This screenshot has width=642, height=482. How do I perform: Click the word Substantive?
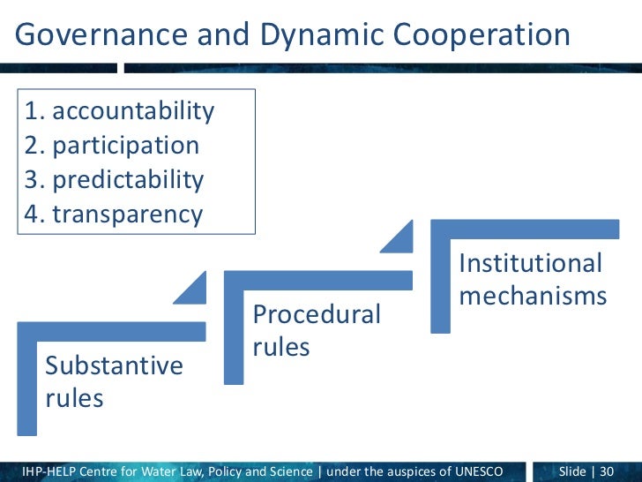click(x=114, y=365)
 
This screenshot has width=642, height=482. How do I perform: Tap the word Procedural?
click(x=317, y=314)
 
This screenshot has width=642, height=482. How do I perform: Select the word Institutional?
click(x=530, y=263)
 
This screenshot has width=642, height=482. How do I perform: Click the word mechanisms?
click(x=533, y=296)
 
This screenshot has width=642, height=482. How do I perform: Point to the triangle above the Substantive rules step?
click(x=194, y=290)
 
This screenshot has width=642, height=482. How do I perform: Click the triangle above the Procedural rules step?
click(x=399, y=236)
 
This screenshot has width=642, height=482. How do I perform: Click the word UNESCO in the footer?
click(x=495, y=471)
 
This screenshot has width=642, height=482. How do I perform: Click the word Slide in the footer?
click(x=572, y=471)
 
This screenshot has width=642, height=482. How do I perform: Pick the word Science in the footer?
click(x=288, y=471)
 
